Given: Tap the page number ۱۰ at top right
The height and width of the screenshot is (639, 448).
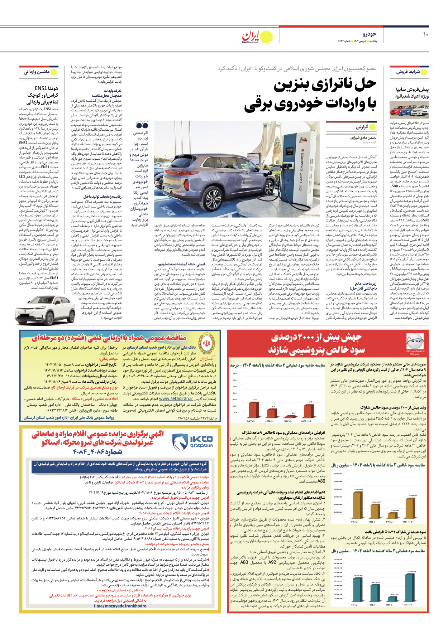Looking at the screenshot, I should click(x=425, y=34).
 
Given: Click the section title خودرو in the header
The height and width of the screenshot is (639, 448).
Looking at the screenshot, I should click(x=369, y=34).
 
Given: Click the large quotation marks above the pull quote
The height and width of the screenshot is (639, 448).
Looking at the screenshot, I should click(x=142, y=125).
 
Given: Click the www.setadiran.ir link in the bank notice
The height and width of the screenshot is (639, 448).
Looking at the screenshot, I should click(x=176, y=398).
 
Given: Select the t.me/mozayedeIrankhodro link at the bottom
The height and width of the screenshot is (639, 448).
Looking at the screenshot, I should click(x=120, y=606).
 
